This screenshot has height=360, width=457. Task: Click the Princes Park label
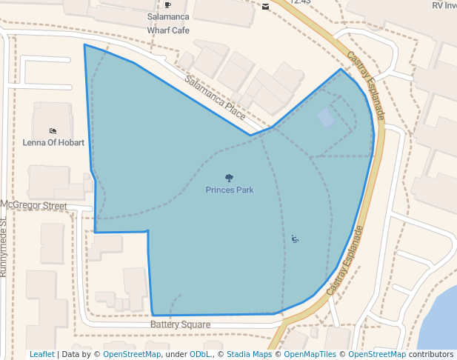230,190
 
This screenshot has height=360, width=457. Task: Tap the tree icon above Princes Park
230,178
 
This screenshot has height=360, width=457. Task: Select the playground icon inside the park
295,239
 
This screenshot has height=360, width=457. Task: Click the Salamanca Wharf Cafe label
168,23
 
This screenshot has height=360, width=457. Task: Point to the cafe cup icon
168,4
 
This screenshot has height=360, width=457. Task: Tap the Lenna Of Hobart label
53,142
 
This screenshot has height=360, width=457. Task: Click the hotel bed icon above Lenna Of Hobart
53,130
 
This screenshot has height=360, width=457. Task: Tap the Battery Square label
181,324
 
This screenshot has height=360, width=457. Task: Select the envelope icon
265,7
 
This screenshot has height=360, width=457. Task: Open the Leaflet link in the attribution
41,354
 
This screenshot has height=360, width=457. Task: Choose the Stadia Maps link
249,354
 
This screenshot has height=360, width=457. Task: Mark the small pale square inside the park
326,117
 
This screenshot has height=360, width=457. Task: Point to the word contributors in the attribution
431,354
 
